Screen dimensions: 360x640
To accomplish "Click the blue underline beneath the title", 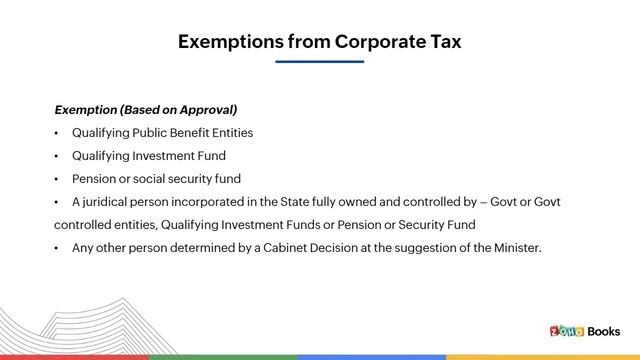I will coord(320,62).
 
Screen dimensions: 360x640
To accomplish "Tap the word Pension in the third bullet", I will coord(95,179).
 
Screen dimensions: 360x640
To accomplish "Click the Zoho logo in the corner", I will coord(567,331).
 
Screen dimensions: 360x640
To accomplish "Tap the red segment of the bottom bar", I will coord(75,356).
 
